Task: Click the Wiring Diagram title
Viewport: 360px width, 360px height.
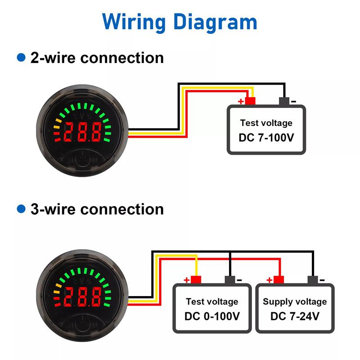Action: pyautogui.click(x=180, y=22)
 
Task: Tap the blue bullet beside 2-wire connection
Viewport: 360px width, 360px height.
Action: pyautogui.click(x=20, y=58)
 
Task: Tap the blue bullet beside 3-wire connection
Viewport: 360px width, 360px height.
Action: pyautogui.click(x=20, y=209)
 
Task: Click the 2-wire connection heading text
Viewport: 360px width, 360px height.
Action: pyautogui.click(x=97, y=58)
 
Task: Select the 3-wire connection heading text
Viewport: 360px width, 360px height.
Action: pyautogui.click(x=97, y=209)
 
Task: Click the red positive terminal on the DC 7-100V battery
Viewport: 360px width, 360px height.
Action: pyautogui.click(x=250, y=101)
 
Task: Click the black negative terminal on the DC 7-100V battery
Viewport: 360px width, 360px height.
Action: pyautogui.click(x=284, y=102)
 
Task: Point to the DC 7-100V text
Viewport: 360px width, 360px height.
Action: pyautogui.click(x=266, y=137)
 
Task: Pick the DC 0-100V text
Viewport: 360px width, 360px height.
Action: pyautogui.click(x=212, y=316)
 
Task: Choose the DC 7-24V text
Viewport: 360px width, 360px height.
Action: pyautogui.click(x=295, y=316)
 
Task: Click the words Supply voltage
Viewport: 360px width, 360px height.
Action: pyautogui.click(x=295, y=301)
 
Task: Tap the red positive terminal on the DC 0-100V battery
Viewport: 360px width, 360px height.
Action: pyautogui.click(x=196, y=280)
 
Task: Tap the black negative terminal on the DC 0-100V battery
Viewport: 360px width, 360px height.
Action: pyautogui.click(x=230, y=280)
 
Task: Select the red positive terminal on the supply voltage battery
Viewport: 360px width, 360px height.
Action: pyautogui.click(x=279, y=280)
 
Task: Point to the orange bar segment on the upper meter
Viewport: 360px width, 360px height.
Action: pyautogui.click(x=57, y=126)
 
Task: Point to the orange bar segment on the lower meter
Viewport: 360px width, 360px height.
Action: pyautogui.click(x=57, y=290)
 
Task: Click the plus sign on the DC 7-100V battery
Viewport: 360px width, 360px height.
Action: pyautogui.click(x=241, y=101)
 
